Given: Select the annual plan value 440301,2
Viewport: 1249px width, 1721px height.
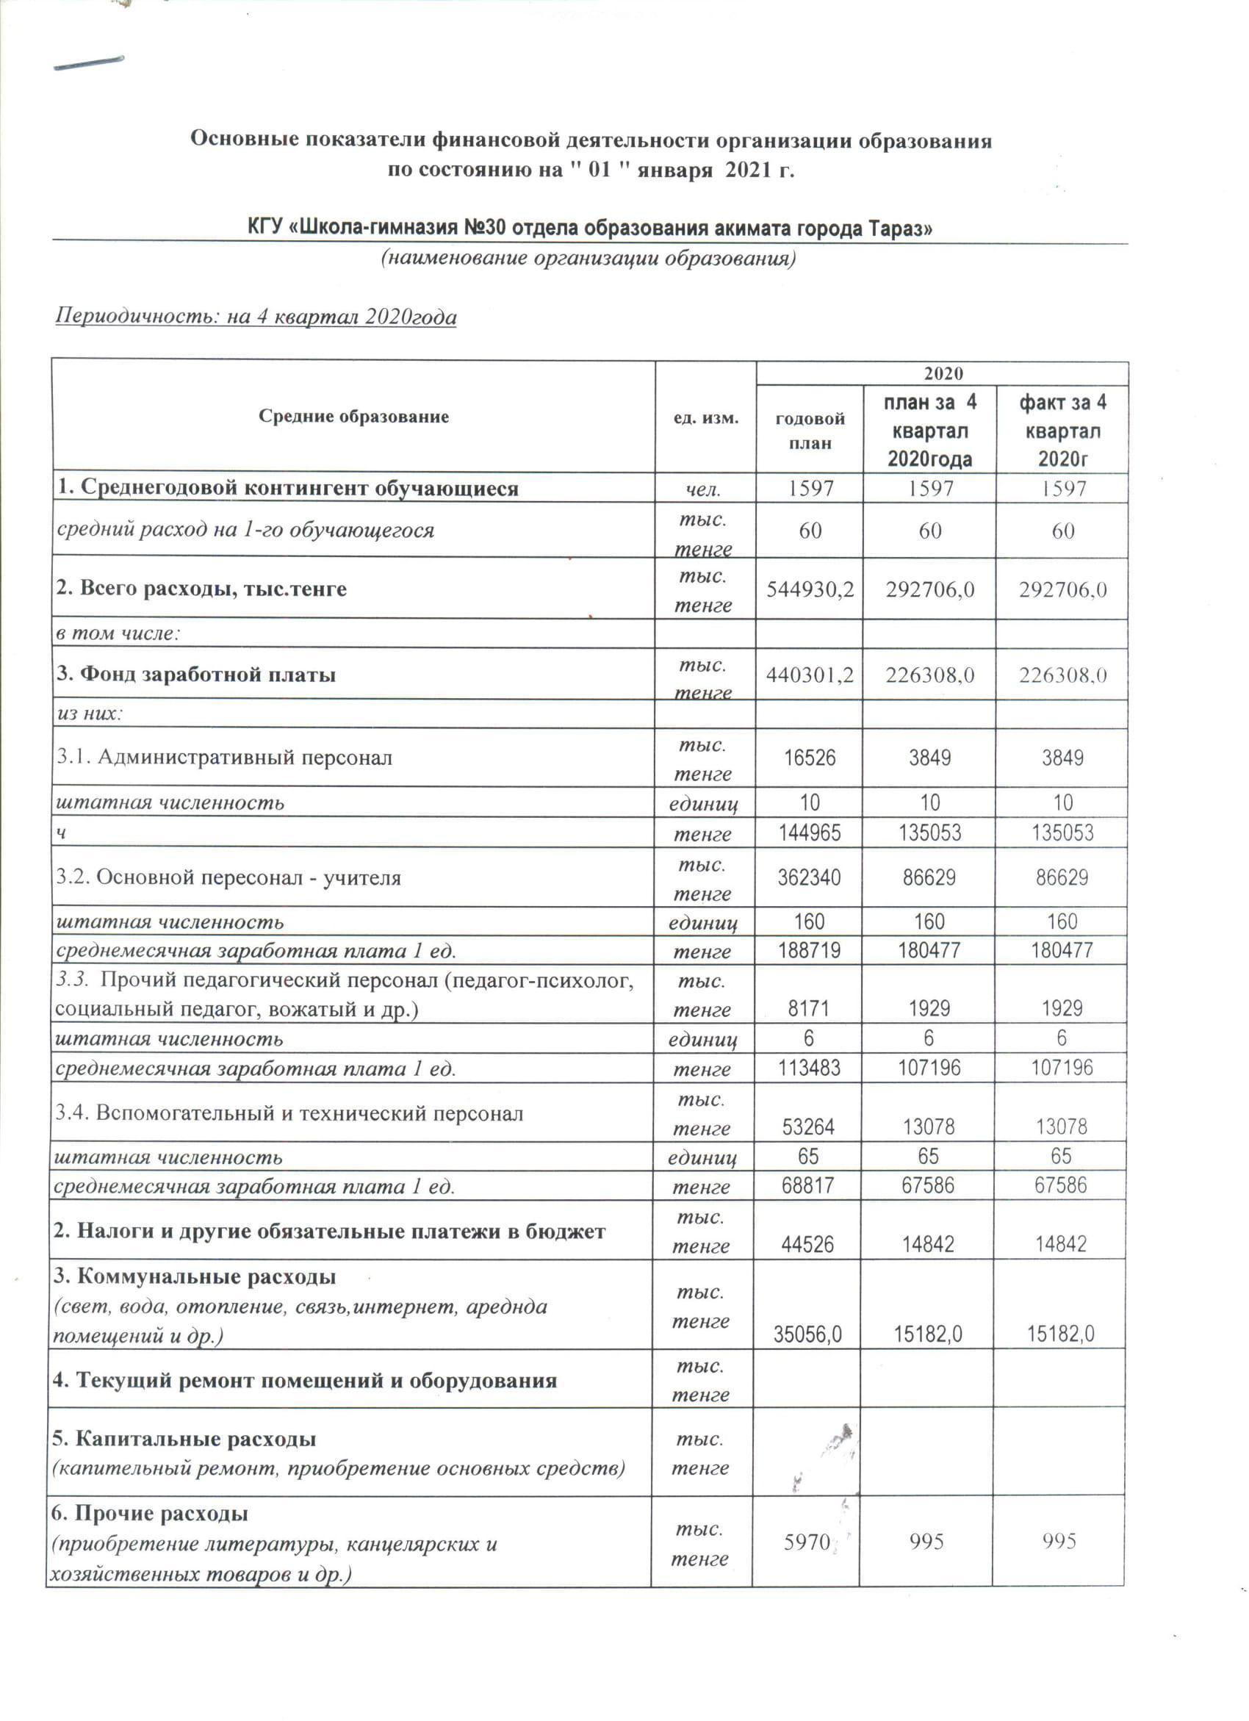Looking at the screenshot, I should coord(810,674).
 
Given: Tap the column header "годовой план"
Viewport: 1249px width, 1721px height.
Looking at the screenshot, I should coord(810,431).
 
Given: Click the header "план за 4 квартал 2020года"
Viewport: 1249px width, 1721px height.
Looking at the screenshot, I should coord(929,431).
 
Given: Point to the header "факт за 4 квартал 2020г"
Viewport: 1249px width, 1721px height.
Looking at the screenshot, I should coord(1062,431).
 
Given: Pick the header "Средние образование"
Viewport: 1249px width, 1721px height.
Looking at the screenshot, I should coord(353,417).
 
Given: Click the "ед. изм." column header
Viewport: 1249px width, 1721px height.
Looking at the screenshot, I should coord(706,417).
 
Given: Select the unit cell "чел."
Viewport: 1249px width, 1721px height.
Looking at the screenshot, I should coord(703,489).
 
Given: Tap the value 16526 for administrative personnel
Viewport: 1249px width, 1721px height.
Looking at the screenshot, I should coord(810,758).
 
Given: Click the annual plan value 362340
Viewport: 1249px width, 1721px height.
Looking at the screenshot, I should coord(810,877).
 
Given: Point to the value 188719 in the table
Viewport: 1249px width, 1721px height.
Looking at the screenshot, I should coord(810,950).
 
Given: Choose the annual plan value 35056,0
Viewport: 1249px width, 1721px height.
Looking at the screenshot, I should coord(807,1334).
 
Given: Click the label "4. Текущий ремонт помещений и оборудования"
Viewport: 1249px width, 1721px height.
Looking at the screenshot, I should coord(304,1379).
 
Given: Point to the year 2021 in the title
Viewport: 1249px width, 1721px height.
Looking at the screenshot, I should coord(747,169).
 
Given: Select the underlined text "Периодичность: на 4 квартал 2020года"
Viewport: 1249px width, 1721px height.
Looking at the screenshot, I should coord(256,317).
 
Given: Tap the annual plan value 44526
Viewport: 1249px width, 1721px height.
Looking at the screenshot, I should coord(807,1243).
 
